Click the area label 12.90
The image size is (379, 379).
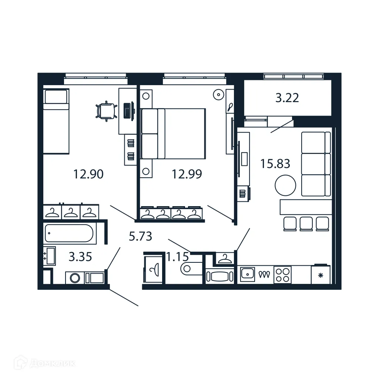pyautogui.click(x=88, y=174)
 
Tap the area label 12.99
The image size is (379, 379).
pyautogui.click(x=187, y=174)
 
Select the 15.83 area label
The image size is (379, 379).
pyautogui.click(x=275, y=164)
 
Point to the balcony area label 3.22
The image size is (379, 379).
pyautogui.click(x=287, y=98)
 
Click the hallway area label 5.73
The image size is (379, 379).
pyautogui.click(x=140, y=236)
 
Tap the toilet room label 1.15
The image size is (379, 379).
pyautogui.click(x=178, y=256)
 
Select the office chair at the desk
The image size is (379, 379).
pyautogui.click(x=105, y=111)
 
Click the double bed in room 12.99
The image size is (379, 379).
pyautogui.click(x=173, y=133)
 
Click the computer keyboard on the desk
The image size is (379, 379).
pyautogui.click(x=128, y=110)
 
